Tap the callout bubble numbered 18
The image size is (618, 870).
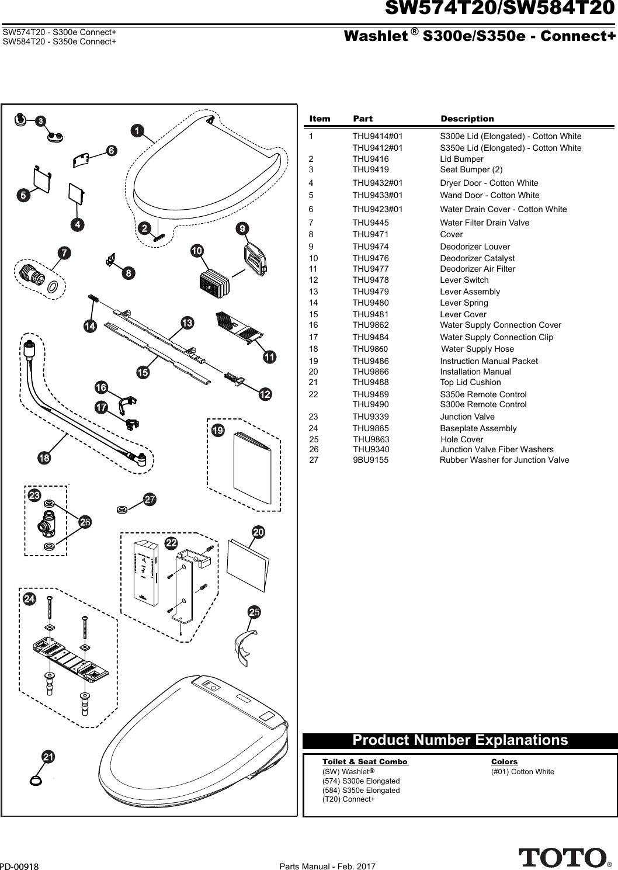tap(44, 458)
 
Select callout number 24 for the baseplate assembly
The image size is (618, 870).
tap(29, 599)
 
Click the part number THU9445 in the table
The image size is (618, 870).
tap(370, 223)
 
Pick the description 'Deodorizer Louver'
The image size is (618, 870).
tap(474, 247)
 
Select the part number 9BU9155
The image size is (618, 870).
tap(370, 460)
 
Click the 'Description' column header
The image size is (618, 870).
tap(467, 119)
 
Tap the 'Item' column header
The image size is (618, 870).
tap(320, 119)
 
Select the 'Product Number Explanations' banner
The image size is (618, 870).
tap(460, 740)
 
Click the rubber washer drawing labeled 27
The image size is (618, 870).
tap(123, 509)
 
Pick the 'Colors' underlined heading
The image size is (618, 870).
tap(504, 762)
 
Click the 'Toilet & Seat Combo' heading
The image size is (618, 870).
tap(364, 762)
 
